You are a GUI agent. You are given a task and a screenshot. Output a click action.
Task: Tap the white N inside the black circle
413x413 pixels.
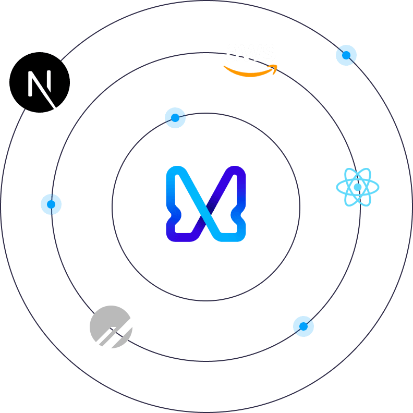tap(41, 83)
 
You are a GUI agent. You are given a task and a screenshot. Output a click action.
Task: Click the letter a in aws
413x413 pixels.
tap(233, 54)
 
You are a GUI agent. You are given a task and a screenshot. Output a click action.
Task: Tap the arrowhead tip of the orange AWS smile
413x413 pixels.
tap(275, 67)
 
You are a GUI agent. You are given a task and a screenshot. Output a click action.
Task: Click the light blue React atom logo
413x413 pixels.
tap(358, 187)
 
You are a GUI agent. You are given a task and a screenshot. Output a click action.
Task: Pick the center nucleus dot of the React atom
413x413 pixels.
tap(358, 187)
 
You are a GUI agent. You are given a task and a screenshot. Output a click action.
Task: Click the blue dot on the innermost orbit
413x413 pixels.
tap(175, 118)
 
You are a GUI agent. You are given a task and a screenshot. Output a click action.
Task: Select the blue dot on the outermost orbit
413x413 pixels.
tap(346, 55)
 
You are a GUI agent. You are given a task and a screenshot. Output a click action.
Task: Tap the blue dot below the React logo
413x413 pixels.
tap(303, 326)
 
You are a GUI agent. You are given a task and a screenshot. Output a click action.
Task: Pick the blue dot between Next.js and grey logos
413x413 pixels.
tap(51, 204)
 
